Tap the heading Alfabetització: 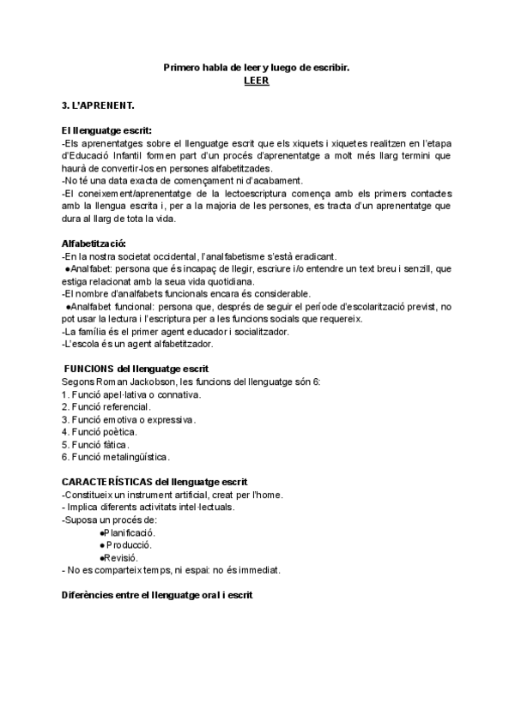(94, 243)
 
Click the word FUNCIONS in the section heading (89, 369)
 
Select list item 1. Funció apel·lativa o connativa (132, 394)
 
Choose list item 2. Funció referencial (107, 406)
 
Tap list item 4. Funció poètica (100, 432)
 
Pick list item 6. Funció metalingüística (116, 457)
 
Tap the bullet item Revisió (121, 557)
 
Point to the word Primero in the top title (182, 66)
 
